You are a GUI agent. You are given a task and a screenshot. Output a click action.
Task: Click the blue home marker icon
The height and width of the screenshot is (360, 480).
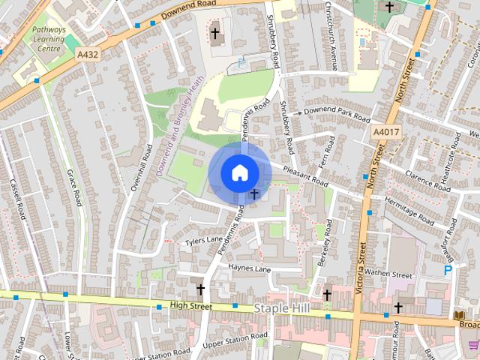pos(239,172)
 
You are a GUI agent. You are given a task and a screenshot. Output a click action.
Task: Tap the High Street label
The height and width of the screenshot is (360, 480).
pos(191,306)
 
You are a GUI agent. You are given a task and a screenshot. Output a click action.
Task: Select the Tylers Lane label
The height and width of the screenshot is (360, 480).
pos(203,240)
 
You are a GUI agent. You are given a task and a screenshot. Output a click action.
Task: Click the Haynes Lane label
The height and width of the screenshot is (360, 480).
pos(249,268)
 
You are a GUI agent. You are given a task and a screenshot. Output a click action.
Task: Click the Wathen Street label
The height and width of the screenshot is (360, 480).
pos(389,275)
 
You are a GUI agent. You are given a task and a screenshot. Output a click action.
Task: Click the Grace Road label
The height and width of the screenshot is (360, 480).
pos(75,187)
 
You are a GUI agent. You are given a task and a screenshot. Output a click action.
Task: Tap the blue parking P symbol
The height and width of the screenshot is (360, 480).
pos(448,270)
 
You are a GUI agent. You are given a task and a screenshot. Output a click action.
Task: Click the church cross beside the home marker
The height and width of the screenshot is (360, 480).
pos(255,194)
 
